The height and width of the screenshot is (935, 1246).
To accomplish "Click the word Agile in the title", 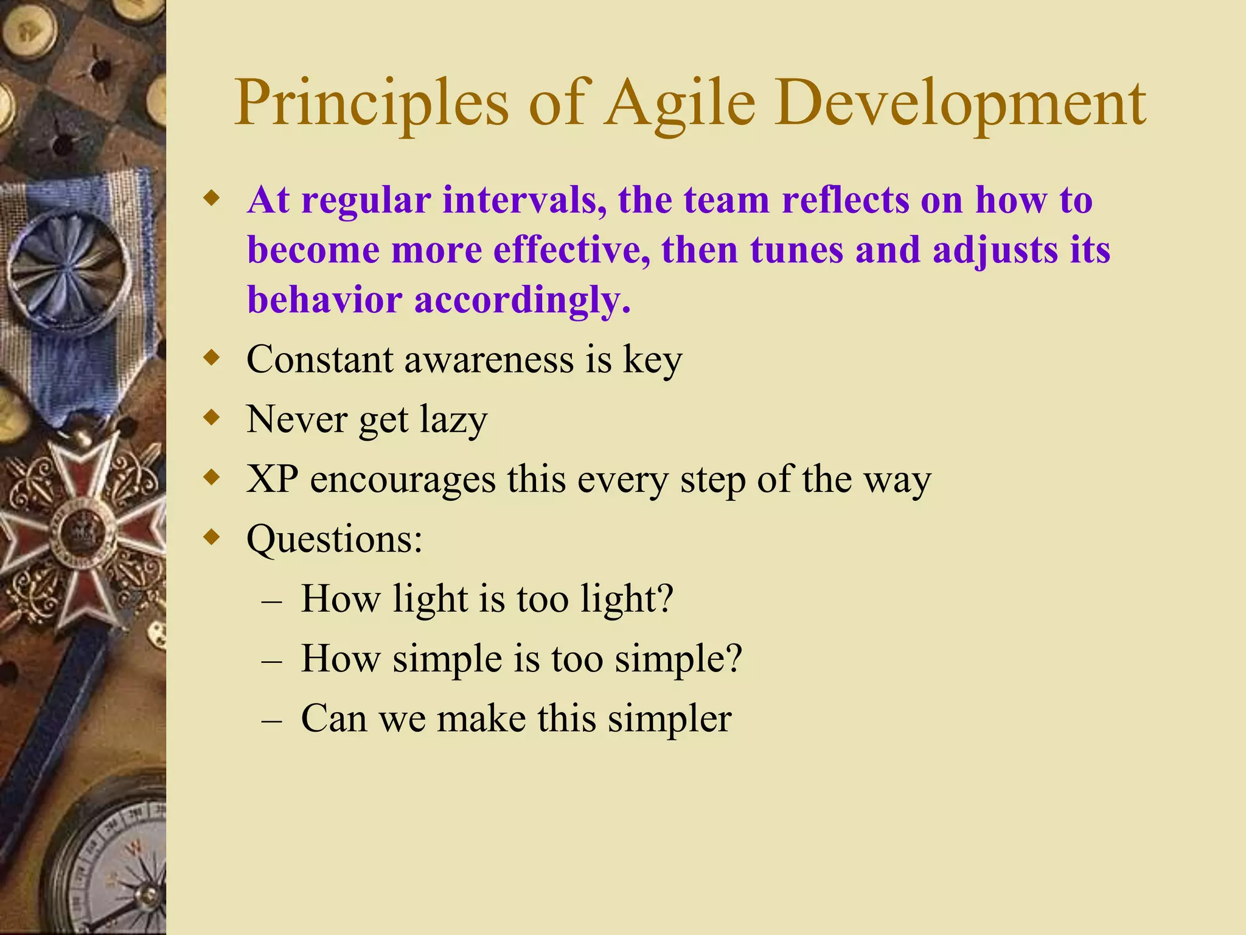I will [x=680, y=103].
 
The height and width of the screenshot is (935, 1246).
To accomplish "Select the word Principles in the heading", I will [x=371, y=103].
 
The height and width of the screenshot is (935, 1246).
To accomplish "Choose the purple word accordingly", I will [x=522, y=300].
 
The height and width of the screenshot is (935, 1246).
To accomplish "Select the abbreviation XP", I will [x=272, y=479].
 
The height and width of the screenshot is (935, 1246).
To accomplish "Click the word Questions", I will [x=333, y=539].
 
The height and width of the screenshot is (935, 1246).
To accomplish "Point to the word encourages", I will [x=403, y=480].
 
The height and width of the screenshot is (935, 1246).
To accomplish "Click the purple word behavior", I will [x=324, y=300].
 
